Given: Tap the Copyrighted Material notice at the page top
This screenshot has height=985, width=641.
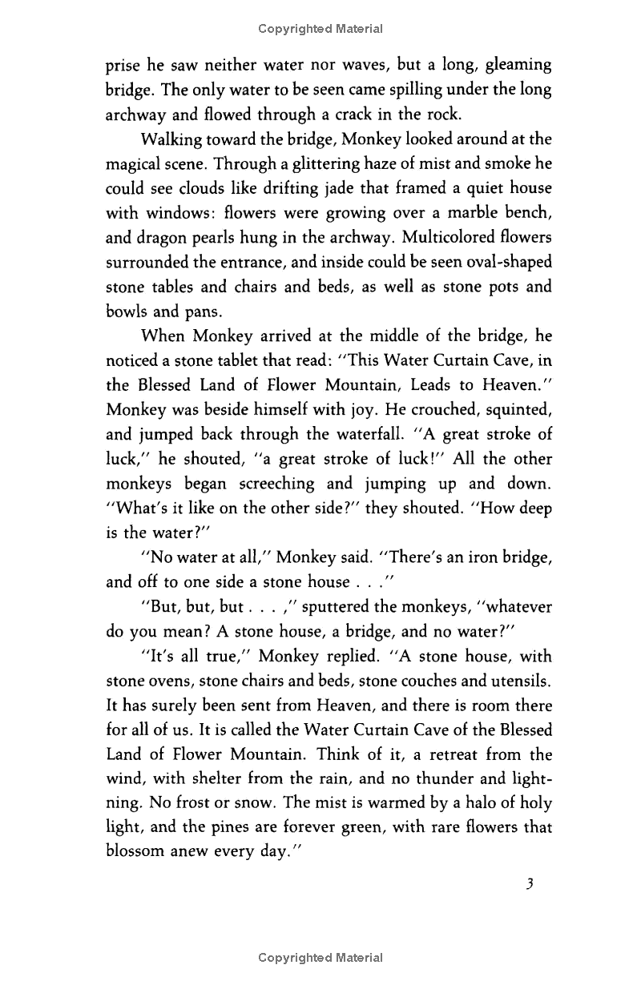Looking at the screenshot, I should tap(320, 29).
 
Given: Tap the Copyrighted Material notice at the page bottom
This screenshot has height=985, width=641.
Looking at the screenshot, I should tap(320, 958).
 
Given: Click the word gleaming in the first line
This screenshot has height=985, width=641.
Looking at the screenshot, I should tap(513, 65).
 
